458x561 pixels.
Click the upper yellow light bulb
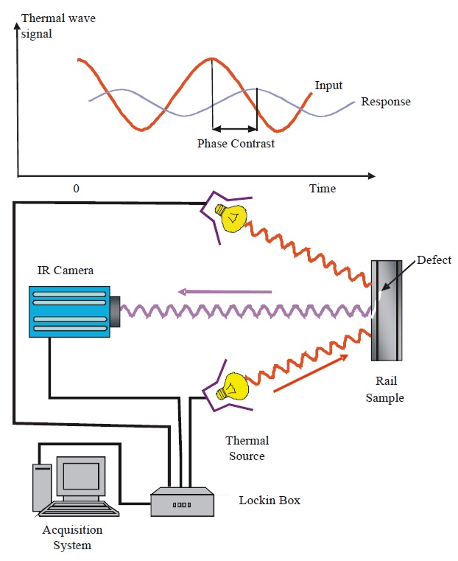[x=229, y=215]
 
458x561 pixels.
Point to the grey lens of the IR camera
[x=116, y=310]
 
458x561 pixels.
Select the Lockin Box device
[x=182, y=504]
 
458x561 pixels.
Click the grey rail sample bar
[x=387, y=310]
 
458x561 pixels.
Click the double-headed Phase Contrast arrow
[x=235, y=128]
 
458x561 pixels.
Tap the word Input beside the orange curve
[x=328, y=85]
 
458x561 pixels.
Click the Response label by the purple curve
[x=385, y=101]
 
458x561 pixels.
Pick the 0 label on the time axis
[x=76, y=189]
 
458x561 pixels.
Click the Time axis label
[x=322, y=189]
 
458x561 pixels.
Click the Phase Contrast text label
[x=236, y=144]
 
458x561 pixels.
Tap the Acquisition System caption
[x=72, y=537]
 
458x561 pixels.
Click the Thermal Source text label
[x=247, y=448]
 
